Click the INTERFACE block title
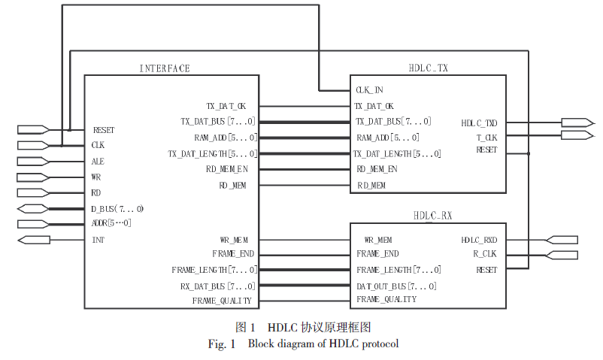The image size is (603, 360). (x=165, y=68)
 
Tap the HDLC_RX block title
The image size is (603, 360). (x=432, y=216)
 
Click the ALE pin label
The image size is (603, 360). (x=98, y=161)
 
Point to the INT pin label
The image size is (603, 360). (x=98, y=240)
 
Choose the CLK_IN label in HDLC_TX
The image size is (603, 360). (x=368, y=90)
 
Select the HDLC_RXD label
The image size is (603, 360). (x=479, y=240)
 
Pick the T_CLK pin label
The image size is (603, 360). (x=486, y=138)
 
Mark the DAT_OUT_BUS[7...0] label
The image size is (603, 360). (x=396, y=286)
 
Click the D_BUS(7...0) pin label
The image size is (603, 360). (x=117, y=208)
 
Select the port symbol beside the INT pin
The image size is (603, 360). (x=34, y=240)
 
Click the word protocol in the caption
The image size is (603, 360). (x=379, y=344)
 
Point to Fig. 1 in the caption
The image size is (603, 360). (x=223, y=344)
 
